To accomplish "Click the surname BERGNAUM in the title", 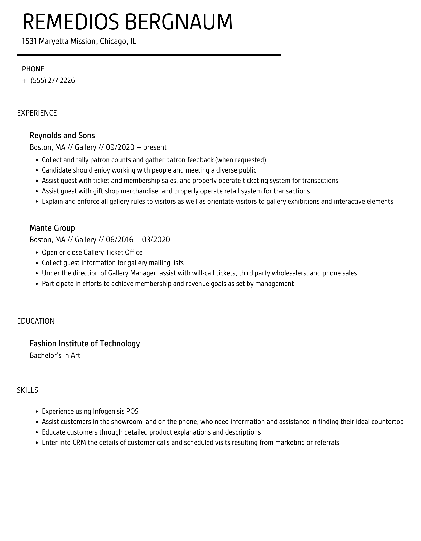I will (x=179, y=22).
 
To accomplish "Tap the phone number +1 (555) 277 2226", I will (x=48, y=80).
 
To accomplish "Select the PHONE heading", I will (x=33, y=69).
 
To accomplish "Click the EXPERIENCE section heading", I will (x=37, y=113).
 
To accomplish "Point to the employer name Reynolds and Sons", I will (x=62, y=135).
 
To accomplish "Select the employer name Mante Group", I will (x=52, y=228).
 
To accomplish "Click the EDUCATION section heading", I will (x=36, y=321).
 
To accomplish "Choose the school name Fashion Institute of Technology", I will (x=85, y=343).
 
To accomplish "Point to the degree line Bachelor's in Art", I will (x=55, y=355).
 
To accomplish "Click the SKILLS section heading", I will (x=28, y=390).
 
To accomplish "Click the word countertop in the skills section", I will (x=387, y=422).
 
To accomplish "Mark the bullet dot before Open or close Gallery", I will (x=37, y=253).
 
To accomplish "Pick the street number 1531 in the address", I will (x=29, y=41).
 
